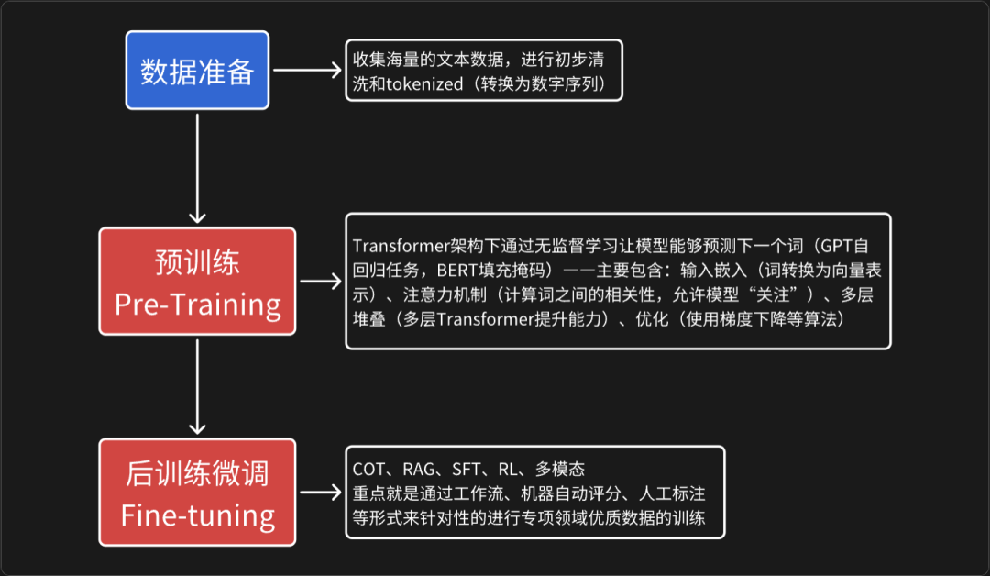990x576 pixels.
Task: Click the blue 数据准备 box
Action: [197, 71]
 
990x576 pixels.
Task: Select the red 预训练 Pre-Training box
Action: [197, 281]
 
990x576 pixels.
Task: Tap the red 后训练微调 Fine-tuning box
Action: [197, 493]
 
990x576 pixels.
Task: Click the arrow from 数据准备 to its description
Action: [306, 71]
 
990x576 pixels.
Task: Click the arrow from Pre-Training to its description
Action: [320, 282]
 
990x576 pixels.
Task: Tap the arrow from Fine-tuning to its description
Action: [320, 493]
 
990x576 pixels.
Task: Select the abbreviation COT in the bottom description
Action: [368, 470]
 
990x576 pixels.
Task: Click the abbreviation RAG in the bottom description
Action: [418, 470]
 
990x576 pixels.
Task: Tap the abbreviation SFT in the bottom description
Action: [467, 470]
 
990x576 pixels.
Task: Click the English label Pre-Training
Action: [197, 304]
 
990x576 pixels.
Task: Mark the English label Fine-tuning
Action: [197, 515]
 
